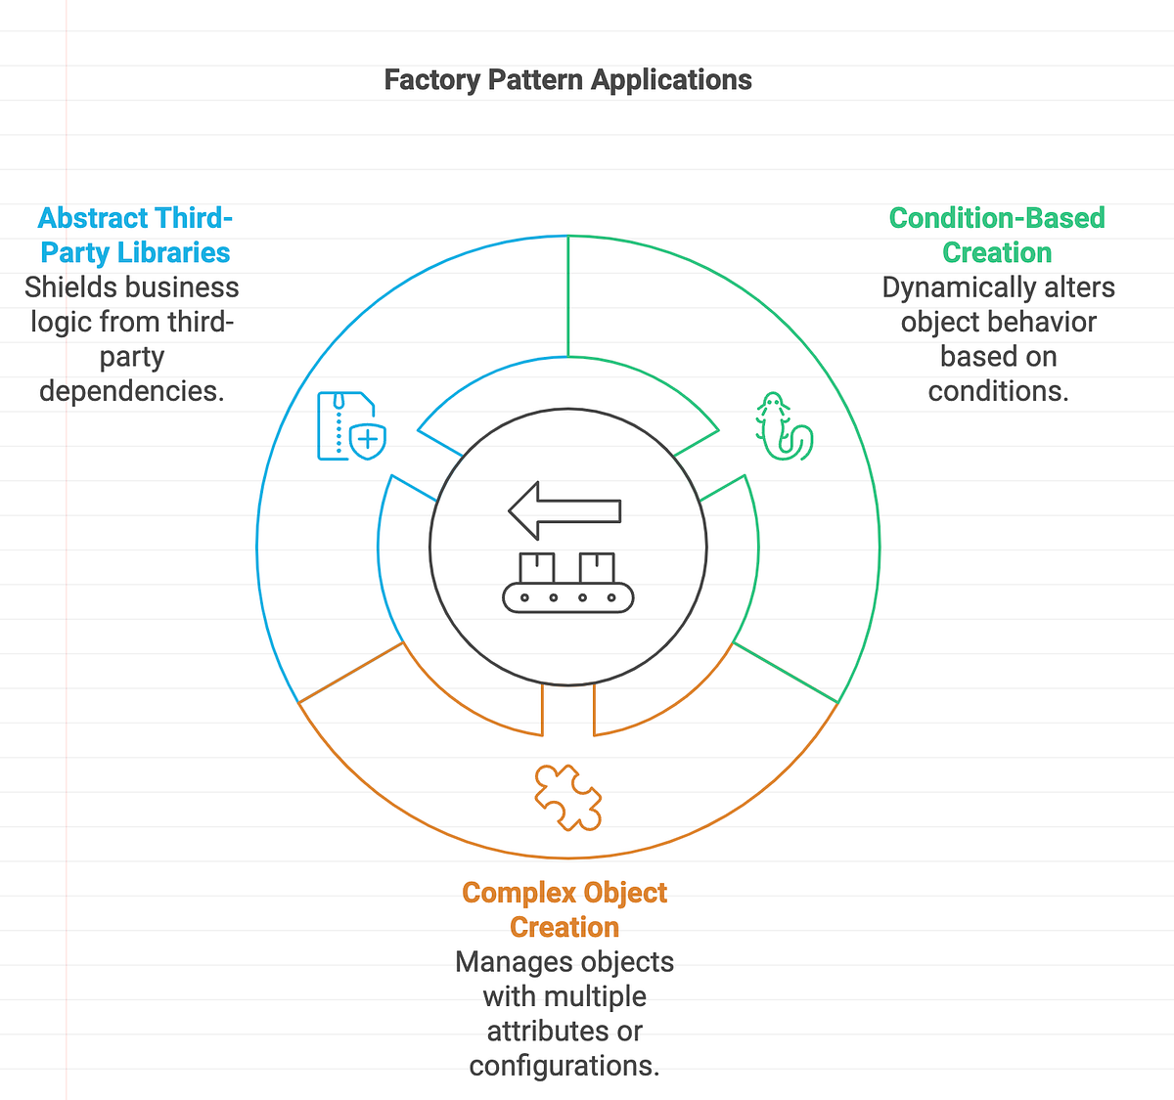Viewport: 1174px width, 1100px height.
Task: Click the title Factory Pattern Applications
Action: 567,80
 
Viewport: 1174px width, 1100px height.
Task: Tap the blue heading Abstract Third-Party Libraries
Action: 135,235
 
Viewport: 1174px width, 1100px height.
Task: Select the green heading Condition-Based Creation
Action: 997,235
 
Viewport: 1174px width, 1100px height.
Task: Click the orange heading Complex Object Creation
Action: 564,909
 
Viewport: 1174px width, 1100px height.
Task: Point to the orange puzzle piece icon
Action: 567,798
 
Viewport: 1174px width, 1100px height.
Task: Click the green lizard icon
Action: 783,427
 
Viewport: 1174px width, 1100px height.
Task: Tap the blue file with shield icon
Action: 350,426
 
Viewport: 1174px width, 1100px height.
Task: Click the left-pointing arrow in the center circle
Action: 564,510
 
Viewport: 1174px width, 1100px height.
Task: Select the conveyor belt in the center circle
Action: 567,596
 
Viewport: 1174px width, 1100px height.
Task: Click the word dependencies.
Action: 132,391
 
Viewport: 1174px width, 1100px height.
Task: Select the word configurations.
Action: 564,1066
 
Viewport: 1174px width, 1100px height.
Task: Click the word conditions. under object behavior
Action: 998,391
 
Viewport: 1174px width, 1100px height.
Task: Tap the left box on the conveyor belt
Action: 537,567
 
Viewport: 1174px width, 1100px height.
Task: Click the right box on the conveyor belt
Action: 597,567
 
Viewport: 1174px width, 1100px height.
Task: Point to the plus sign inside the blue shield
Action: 368,440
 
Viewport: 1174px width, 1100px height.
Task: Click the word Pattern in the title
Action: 537,80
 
